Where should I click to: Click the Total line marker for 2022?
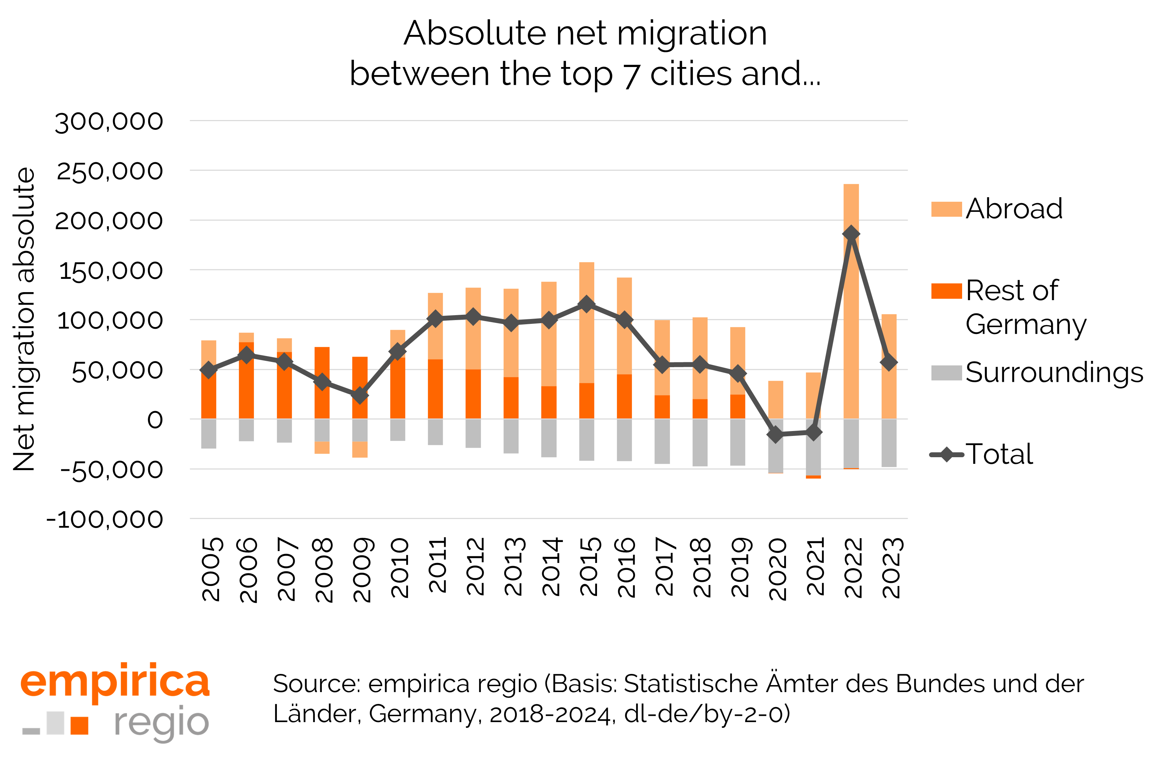[851, 233]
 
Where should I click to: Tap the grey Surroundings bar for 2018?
[700, 443]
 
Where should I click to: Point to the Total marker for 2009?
[360, 395]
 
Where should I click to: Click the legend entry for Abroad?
[1013, 209]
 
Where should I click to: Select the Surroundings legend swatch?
[946, 373]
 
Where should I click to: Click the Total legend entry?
[999, 454]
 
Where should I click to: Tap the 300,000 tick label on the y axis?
[108, 121]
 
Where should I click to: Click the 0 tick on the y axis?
[155, 420]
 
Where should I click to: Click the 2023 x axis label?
[892, 568]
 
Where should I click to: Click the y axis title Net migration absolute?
[24, 319]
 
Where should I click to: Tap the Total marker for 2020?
[776, 435]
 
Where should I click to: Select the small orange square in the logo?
[79, 725]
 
